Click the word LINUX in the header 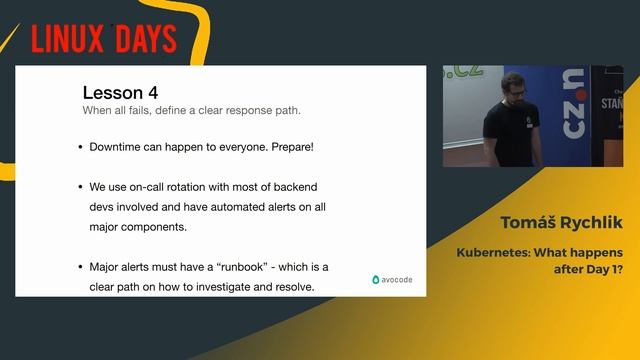(64, 39)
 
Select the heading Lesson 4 (120, 93)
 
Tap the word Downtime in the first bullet (119, 147)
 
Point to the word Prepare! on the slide (286, 147)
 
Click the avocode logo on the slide (392, 279)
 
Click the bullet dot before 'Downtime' (80, 148)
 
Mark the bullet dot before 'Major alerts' (80, 268)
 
